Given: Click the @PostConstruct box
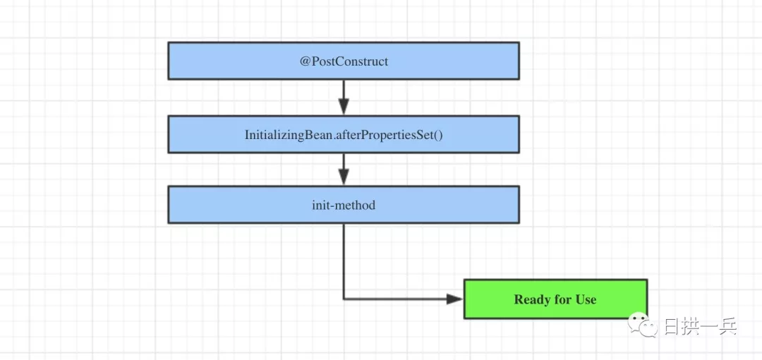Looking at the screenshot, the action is click(x=344, y=61).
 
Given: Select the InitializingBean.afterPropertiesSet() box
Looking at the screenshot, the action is click(x=344, y=134).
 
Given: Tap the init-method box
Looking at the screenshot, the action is click(x=344, y=205).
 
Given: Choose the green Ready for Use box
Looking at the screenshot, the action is click(x=555, y=299).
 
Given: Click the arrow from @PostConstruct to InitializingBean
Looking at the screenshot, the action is click(x=344, y=97).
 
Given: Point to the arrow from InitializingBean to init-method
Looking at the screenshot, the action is click(x=344, y=169).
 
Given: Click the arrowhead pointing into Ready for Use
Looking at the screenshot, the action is click(x=455, y=299).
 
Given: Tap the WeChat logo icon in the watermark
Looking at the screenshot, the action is click(x=643, y=325).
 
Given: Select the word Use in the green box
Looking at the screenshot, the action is click(x=586, y=299).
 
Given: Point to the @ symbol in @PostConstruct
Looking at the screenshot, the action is click(x=305, y=62).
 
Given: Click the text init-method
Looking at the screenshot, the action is click(x=344, y=205).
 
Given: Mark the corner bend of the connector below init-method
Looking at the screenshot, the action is click(x=344, y=299).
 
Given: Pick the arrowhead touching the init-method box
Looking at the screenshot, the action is click(x=344, y=177).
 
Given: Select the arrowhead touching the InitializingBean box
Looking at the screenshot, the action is click(x=344, y=107).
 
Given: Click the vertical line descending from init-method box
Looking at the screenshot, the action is click(x=344, y=261).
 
